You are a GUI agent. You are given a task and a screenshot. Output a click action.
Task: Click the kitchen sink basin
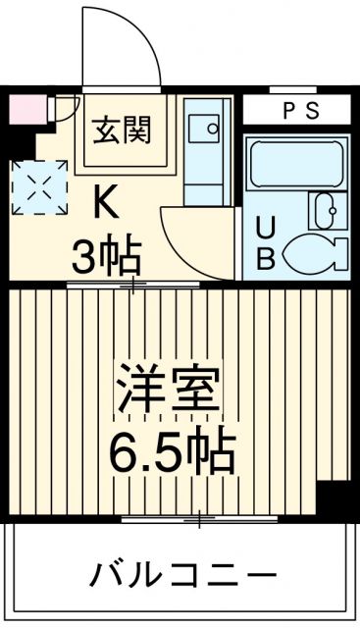(x=207, y=128)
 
